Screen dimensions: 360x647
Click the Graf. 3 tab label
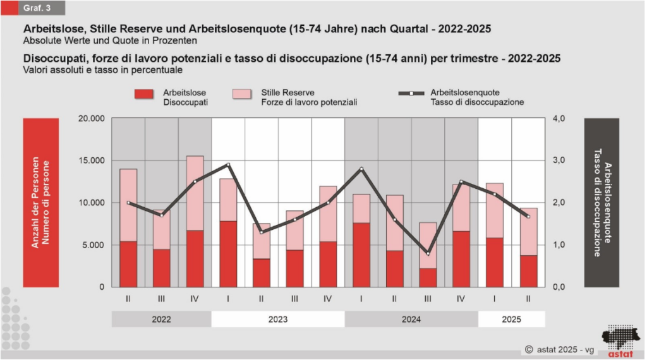coord(39,8)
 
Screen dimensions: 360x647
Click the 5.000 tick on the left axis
coord(93,245)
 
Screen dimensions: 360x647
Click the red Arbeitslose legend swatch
coord(144,94)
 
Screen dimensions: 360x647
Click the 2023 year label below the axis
coord(277,320)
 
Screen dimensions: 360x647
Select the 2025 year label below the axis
coord(511,320)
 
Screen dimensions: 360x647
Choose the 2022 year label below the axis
coord(161,320)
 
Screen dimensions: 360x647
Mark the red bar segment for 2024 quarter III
coord(428,277)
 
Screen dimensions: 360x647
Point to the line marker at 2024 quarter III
coord(428,253)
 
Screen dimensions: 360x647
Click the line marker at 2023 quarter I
coord(228,165)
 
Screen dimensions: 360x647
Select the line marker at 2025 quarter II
coord(528,217)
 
